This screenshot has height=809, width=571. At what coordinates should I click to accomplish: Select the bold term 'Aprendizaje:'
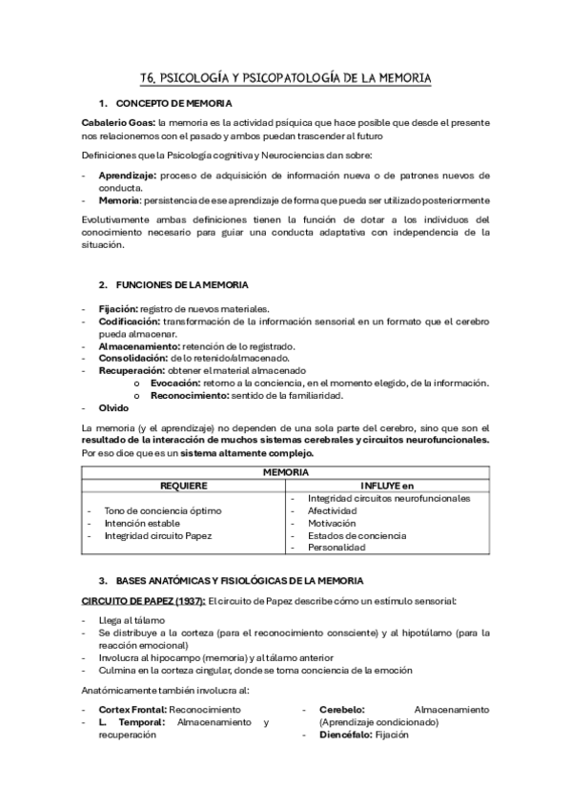click(127, 176)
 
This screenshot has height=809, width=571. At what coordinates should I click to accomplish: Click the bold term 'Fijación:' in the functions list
click(118, 309)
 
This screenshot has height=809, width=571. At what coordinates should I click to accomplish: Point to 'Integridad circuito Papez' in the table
click(158, 535)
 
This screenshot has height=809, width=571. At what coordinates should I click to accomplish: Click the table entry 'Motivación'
click(332, 523)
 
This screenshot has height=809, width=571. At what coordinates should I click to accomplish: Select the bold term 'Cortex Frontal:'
click(133, 711)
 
